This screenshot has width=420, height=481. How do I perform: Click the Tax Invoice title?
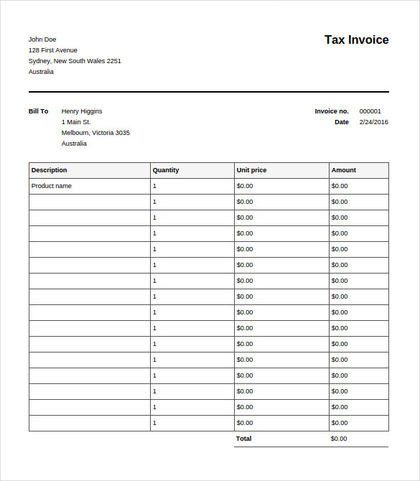pos(356,40)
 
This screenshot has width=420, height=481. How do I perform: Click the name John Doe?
pos(42,39)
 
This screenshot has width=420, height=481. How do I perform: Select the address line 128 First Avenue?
pos(53,50)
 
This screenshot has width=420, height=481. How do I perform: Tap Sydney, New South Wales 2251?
pos(75,61)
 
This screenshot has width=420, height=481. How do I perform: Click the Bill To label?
pos(39,111)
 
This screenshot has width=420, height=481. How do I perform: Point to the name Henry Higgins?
pos(82,111)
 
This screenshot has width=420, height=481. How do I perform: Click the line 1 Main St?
pos(76,122)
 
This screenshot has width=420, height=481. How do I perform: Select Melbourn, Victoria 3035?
pos(95,133)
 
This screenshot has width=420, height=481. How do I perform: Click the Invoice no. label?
pos(332,111)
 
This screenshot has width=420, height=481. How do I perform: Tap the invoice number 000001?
pos(370,111)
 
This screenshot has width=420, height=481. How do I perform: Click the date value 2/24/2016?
pos(373,122)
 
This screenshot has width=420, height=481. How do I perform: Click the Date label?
pos(342,122)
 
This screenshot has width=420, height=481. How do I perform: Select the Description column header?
pos(50,170)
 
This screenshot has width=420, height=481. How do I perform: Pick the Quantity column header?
pos(166,170)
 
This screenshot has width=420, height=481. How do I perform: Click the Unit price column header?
pos(251,170)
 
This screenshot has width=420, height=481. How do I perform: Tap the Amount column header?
pos(344,170)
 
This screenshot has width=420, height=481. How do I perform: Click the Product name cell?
pos(52,186)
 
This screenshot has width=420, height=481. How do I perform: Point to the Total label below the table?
pos(244,439)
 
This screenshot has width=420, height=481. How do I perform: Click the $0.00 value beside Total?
pos(339,439)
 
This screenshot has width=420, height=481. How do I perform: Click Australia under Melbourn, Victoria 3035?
pos(74,144)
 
